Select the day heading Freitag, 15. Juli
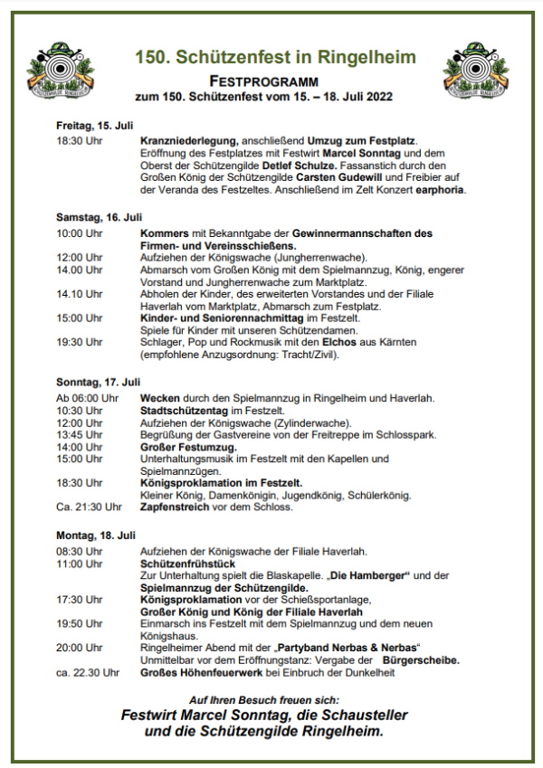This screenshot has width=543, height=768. coord(94,126)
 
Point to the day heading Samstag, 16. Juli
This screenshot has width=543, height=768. coord(99,217)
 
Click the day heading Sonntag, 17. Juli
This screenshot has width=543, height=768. coord(99,383)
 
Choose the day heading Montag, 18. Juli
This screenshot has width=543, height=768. coord(96,535)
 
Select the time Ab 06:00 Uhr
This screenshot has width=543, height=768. coord(87,398)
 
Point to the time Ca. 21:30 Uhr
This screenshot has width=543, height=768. coord(89,507)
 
